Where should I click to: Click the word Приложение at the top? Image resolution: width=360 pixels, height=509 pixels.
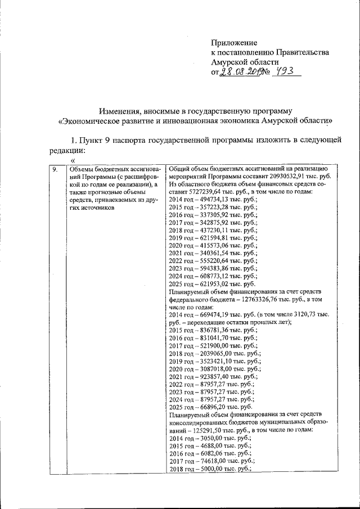click(234, 43)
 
